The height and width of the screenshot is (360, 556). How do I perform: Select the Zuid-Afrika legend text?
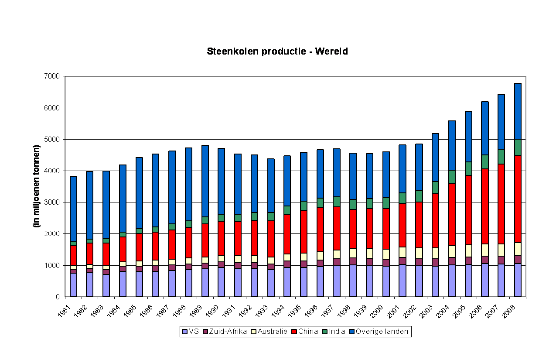pyautogui.click(x=228, y=332)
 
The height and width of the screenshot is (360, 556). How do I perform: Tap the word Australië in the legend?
pyautogui.click(x=273, y=332)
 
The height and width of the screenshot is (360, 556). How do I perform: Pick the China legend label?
pyautogui.click(x=308, y=332)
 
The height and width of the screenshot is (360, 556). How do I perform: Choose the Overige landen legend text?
pyautogui.click(x=382, y=332)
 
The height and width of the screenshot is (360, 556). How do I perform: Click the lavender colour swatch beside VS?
pyautogui.click(x=185, y=332)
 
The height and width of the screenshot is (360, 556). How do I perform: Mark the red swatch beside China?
pyautogui.click(x=294, y=332)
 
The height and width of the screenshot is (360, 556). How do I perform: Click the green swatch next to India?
pyautogui.click(x=325, y=332)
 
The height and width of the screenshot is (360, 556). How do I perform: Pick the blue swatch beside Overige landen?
pyautogui.click(x=352, y=332)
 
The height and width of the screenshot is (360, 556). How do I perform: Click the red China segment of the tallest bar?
pyautogui.click(x=518, y=199)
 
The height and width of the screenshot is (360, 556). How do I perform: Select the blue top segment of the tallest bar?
pyautogui.click(x=518, y=111)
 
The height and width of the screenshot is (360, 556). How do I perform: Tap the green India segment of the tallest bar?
pyautogui.click(x=518, y=147)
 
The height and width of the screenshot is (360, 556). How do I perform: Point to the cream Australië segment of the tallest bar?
pyautogui.click(x=518, y=249)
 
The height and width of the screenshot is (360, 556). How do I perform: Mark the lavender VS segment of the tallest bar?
pyautogui.click(x=518, y=280)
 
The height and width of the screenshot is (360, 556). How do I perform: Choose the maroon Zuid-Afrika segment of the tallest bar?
pyautogui.click(x=518, y=259)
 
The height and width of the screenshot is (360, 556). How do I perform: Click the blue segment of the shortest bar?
pyautogui.click(x=73, y=209)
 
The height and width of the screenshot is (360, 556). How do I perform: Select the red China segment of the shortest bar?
pyautogui.click(x=73, y=255)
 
